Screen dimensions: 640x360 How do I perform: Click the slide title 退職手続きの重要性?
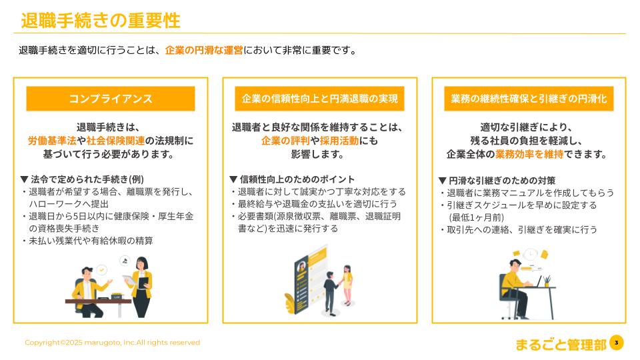[x=101, y=21]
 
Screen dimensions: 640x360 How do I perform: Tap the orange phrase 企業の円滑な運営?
[x=204, y=50]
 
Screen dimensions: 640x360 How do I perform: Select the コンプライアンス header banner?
[x=111, y=99]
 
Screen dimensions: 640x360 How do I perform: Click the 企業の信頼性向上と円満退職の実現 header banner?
[x=319, y=99]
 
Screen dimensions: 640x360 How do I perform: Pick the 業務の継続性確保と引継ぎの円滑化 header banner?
[x=529, y=99]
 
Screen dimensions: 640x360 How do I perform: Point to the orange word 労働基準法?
[x=52, y=141]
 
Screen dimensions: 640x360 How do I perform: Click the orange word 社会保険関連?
[x=115, y=141]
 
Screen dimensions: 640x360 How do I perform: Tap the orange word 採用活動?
[x=339, y=141]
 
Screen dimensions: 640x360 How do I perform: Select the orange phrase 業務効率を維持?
[x=529, y=154]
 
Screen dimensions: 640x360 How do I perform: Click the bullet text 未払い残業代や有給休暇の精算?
[x=91, y=241]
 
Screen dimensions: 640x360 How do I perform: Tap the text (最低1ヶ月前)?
[x=476, y=217]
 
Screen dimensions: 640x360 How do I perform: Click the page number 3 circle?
[x=617, y=343]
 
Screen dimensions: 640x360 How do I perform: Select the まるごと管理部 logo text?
[x=561, y=345]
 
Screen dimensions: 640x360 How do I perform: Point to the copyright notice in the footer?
[x=112, y=343]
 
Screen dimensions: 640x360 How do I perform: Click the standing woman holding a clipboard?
[x=141, y=287]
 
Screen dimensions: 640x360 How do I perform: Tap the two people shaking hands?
[x=338, y=290]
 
